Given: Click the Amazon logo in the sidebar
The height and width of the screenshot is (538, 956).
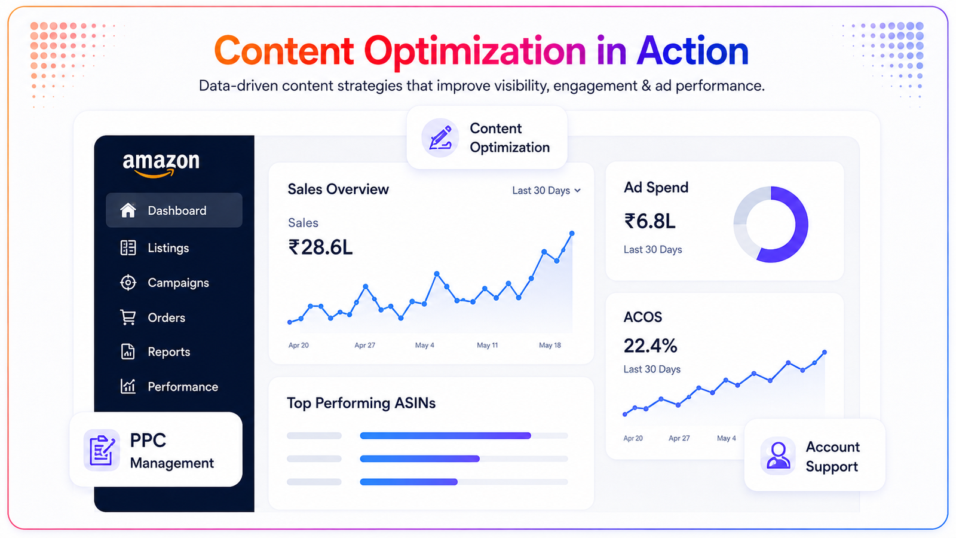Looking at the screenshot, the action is coord(161,165).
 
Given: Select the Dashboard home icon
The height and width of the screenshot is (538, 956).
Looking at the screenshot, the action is coord(128,210).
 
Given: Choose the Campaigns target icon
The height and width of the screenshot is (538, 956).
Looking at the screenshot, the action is coord(128,283).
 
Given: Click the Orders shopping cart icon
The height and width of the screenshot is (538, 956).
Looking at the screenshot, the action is coord(128,317).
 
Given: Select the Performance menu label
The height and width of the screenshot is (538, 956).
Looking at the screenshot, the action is coord(183,387).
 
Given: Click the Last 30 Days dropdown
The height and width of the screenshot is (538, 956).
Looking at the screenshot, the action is coord(546,191).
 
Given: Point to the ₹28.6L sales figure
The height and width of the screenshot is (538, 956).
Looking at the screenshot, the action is coord(320,247).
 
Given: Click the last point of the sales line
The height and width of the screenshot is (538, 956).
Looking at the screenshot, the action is coord(572,234).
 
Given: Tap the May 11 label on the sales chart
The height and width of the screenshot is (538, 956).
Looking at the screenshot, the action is coord(487,345).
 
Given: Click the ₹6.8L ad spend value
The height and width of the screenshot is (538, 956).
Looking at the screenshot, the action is coord(649,221).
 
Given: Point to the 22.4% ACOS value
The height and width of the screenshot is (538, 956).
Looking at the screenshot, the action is coord(651,346).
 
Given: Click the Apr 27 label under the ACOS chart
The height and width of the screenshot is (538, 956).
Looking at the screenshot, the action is coord(679,438).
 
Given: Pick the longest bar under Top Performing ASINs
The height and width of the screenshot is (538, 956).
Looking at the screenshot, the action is coord(445,436).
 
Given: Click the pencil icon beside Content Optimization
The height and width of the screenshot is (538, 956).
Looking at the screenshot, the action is coord(440,137).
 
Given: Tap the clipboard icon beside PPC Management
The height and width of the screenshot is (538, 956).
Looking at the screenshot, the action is coord(102,450).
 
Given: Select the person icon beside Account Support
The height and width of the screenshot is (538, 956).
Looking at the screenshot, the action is coord(777,456).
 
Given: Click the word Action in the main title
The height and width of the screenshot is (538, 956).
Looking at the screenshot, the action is coord(693,51).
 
